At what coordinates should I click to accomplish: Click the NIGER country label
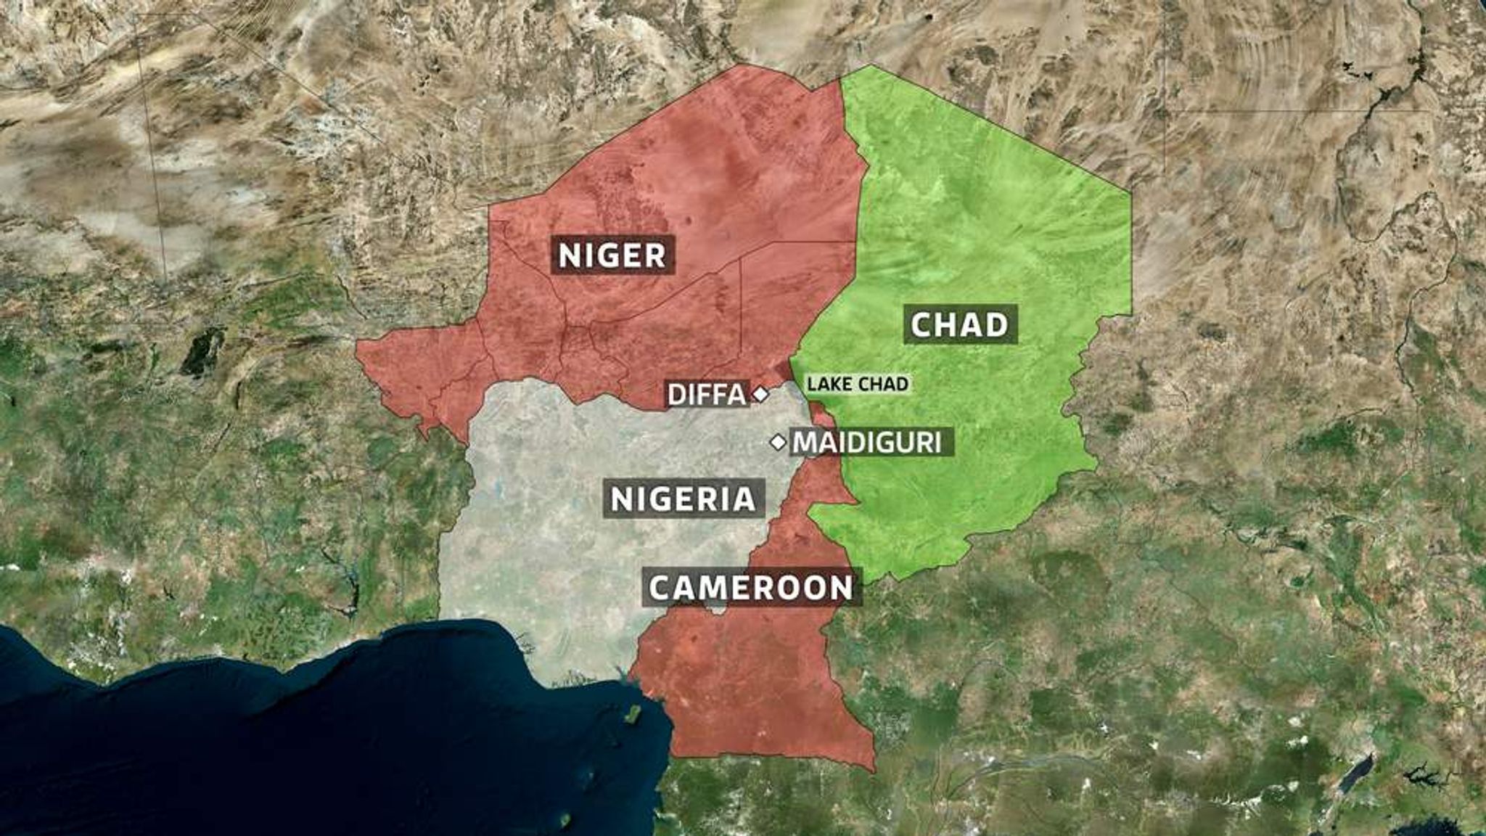point(612,255)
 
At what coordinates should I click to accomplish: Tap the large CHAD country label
point(959,324)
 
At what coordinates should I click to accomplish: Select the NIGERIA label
point(684,499)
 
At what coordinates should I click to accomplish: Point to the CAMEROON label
point(751,587)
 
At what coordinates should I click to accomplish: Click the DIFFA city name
point(707,395)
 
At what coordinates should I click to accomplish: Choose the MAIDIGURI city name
point(867,442)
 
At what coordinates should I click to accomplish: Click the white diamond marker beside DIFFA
point(760,395)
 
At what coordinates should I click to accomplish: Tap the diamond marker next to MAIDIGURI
point(778,442)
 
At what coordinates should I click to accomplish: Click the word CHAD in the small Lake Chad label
point(886,384)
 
